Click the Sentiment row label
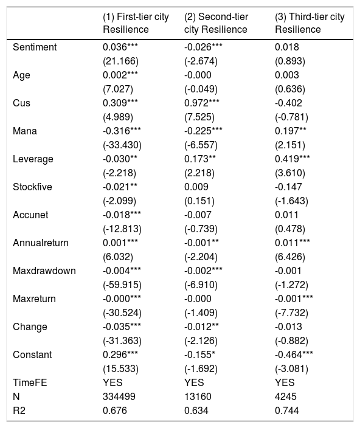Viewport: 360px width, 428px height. [x=35, y=47]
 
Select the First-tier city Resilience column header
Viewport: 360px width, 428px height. [x=136, y=23]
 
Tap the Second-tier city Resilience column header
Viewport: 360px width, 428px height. [x=216, y=23]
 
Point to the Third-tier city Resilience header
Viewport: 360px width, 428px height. [x=310, y=23]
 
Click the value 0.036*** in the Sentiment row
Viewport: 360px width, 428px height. [x=120, y=47]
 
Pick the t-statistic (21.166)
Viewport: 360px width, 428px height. [x=120, y=61]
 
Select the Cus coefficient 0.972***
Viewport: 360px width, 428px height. [x=202, y=103]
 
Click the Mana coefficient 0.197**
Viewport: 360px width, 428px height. [x=291, y=131]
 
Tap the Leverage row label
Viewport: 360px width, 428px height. [x=33, y=159]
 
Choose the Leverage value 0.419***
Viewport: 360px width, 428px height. [x=292, y=159]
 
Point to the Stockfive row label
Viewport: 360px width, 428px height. [x=32, y=187]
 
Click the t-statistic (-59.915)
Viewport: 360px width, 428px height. [x=122, y=285]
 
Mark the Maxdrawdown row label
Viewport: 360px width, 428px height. [x=44, y=271]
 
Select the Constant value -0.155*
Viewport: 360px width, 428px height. [x=200, y=355]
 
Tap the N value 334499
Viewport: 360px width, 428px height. [x=119, y=396]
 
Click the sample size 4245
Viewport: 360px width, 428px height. [x=285, y=396]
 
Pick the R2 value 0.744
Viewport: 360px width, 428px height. [x=287, y=411]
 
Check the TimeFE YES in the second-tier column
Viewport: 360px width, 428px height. [x=194, y=382]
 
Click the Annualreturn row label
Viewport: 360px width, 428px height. [x=41, y=243]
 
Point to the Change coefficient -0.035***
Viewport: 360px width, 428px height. [x=122, y=326]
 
